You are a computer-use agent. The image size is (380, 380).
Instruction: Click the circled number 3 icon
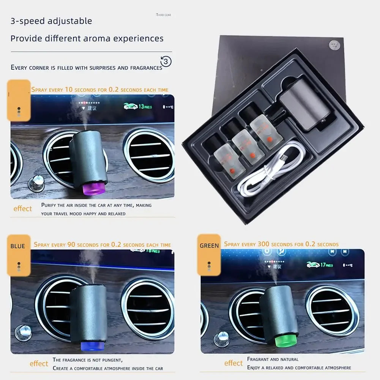pyautogui.click(x=166, y=61)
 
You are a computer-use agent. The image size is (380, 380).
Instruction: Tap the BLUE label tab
pyautogui.click(x=18, y=246)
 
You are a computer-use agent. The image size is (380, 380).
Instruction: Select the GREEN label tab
pyautogui.click(x=209, y=246)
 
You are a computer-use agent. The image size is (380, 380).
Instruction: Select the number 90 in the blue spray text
pyautogui.click(x=71, y=245)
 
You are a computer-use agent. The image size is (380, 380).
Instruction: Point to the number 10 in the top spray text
pyautogui.click(x=68, y=90)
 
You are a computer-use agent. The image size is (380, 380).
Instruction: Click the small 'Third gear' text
pyautogui.click(x=163, y=15)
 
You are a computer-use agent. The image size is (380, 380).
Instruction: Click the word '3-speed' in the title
pyautogui.click(x=28, y=21)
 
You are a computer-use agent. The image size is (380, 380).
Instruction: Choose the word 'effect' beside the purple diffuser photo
pyautogui.click(x=23, y=208)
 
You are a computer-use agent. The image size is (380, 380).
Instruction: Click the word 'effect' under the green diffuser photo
pyautogui.click(x=233, y=363)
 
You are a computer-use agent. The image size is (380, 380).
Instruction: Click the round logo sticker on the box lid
pyautogui.click(x=334, y=44)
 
